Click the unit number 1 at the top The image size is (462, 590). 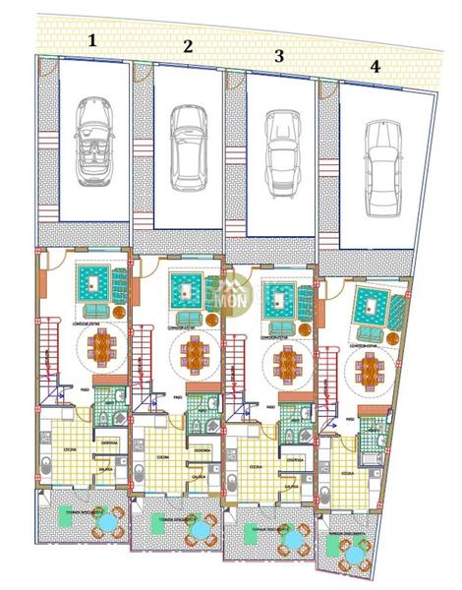pyautogui.click(x=92, y=40)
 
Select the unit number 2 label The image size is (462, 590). pyautogui.click(x=188, y=45)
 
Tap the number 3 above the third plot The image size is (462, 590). pyautogui.click(x=279, y=57)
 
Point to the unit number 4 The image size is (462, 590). pyautogui.click(x=375, y=67)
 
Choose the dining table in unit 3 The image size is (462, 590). pyautogui.click(x=285, y=365)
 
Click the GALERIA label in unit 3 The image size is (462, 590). pyautogui.click(x=291, y=485)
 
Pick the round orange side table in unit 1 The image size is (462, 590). pyautogui.click(x=118, y=312)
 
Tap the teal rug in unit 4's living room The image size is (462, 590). pyautogui.click(x=370, y=300)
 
